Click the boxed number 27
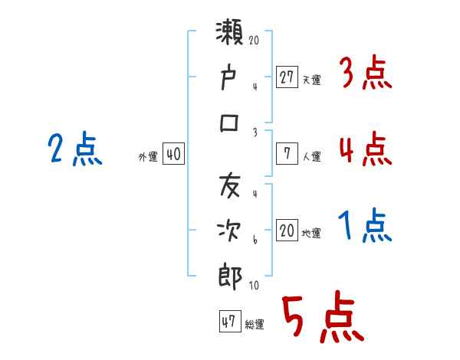[x=287, y=77]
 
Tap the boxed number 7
[x=287, y=154]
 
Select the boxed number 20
[x=287, y=231]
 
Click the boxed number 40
[x=173, y=154]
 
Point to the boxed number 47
[x=228, y=322]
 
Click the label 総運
[x=255, y=325]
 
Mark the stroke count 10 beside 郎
[x=254, y=286]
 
